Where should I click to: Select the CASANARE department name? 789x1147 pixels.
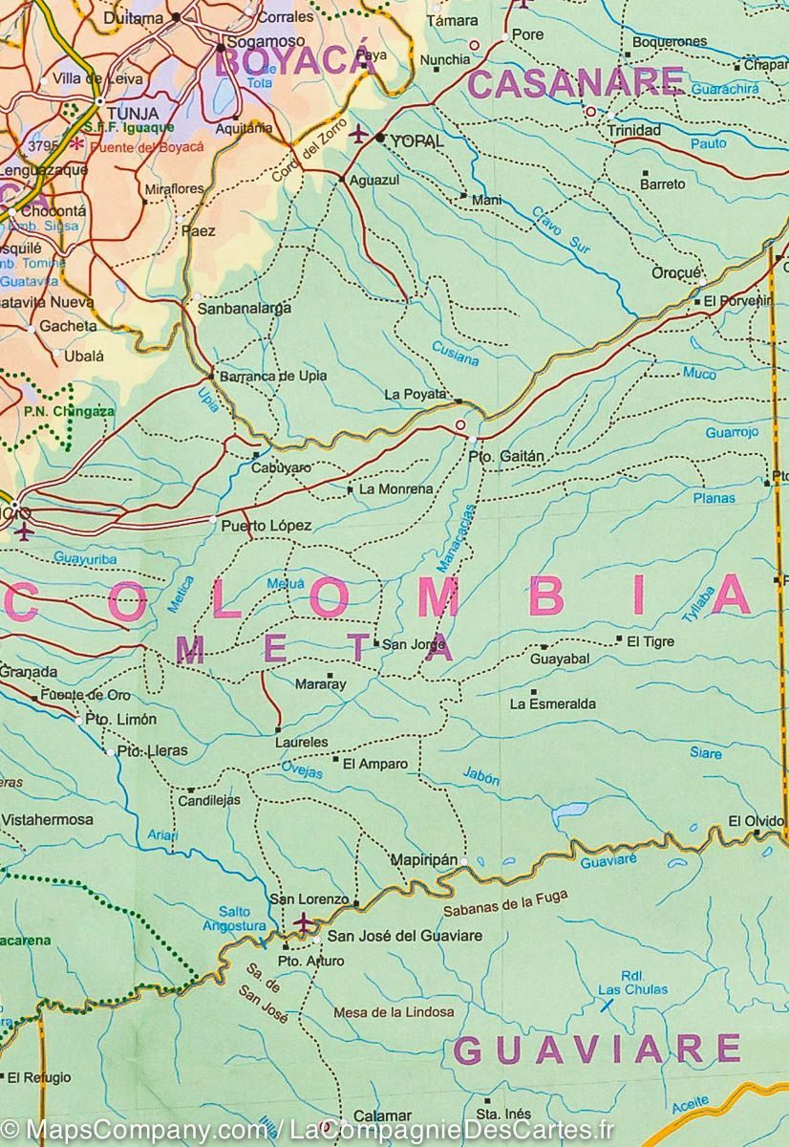click(576, 84)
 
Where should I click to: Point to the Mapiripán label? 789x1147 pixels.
click(425, 860)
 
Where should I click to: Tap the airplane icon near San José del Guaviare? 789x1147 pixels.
click(304, 922)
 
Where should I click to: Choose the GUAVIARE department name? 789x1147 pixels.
click(597, 1049)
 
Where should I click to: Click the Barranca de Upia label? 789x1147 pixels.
click(273, 376)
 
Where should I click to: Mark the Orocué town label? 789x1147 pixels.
click(676, 272)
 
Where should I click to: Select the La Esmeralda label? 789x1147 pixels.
click(552, 704)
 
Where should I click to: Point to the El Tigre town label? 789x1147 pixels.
click(650, 641)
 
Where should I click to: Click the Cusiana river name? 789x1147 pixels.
click(455, 353)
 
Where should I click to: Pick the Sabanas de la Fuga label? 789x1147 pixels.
click(520, 903)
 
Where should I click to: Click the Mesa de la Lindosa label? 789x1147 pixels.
click(394, 1011)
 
